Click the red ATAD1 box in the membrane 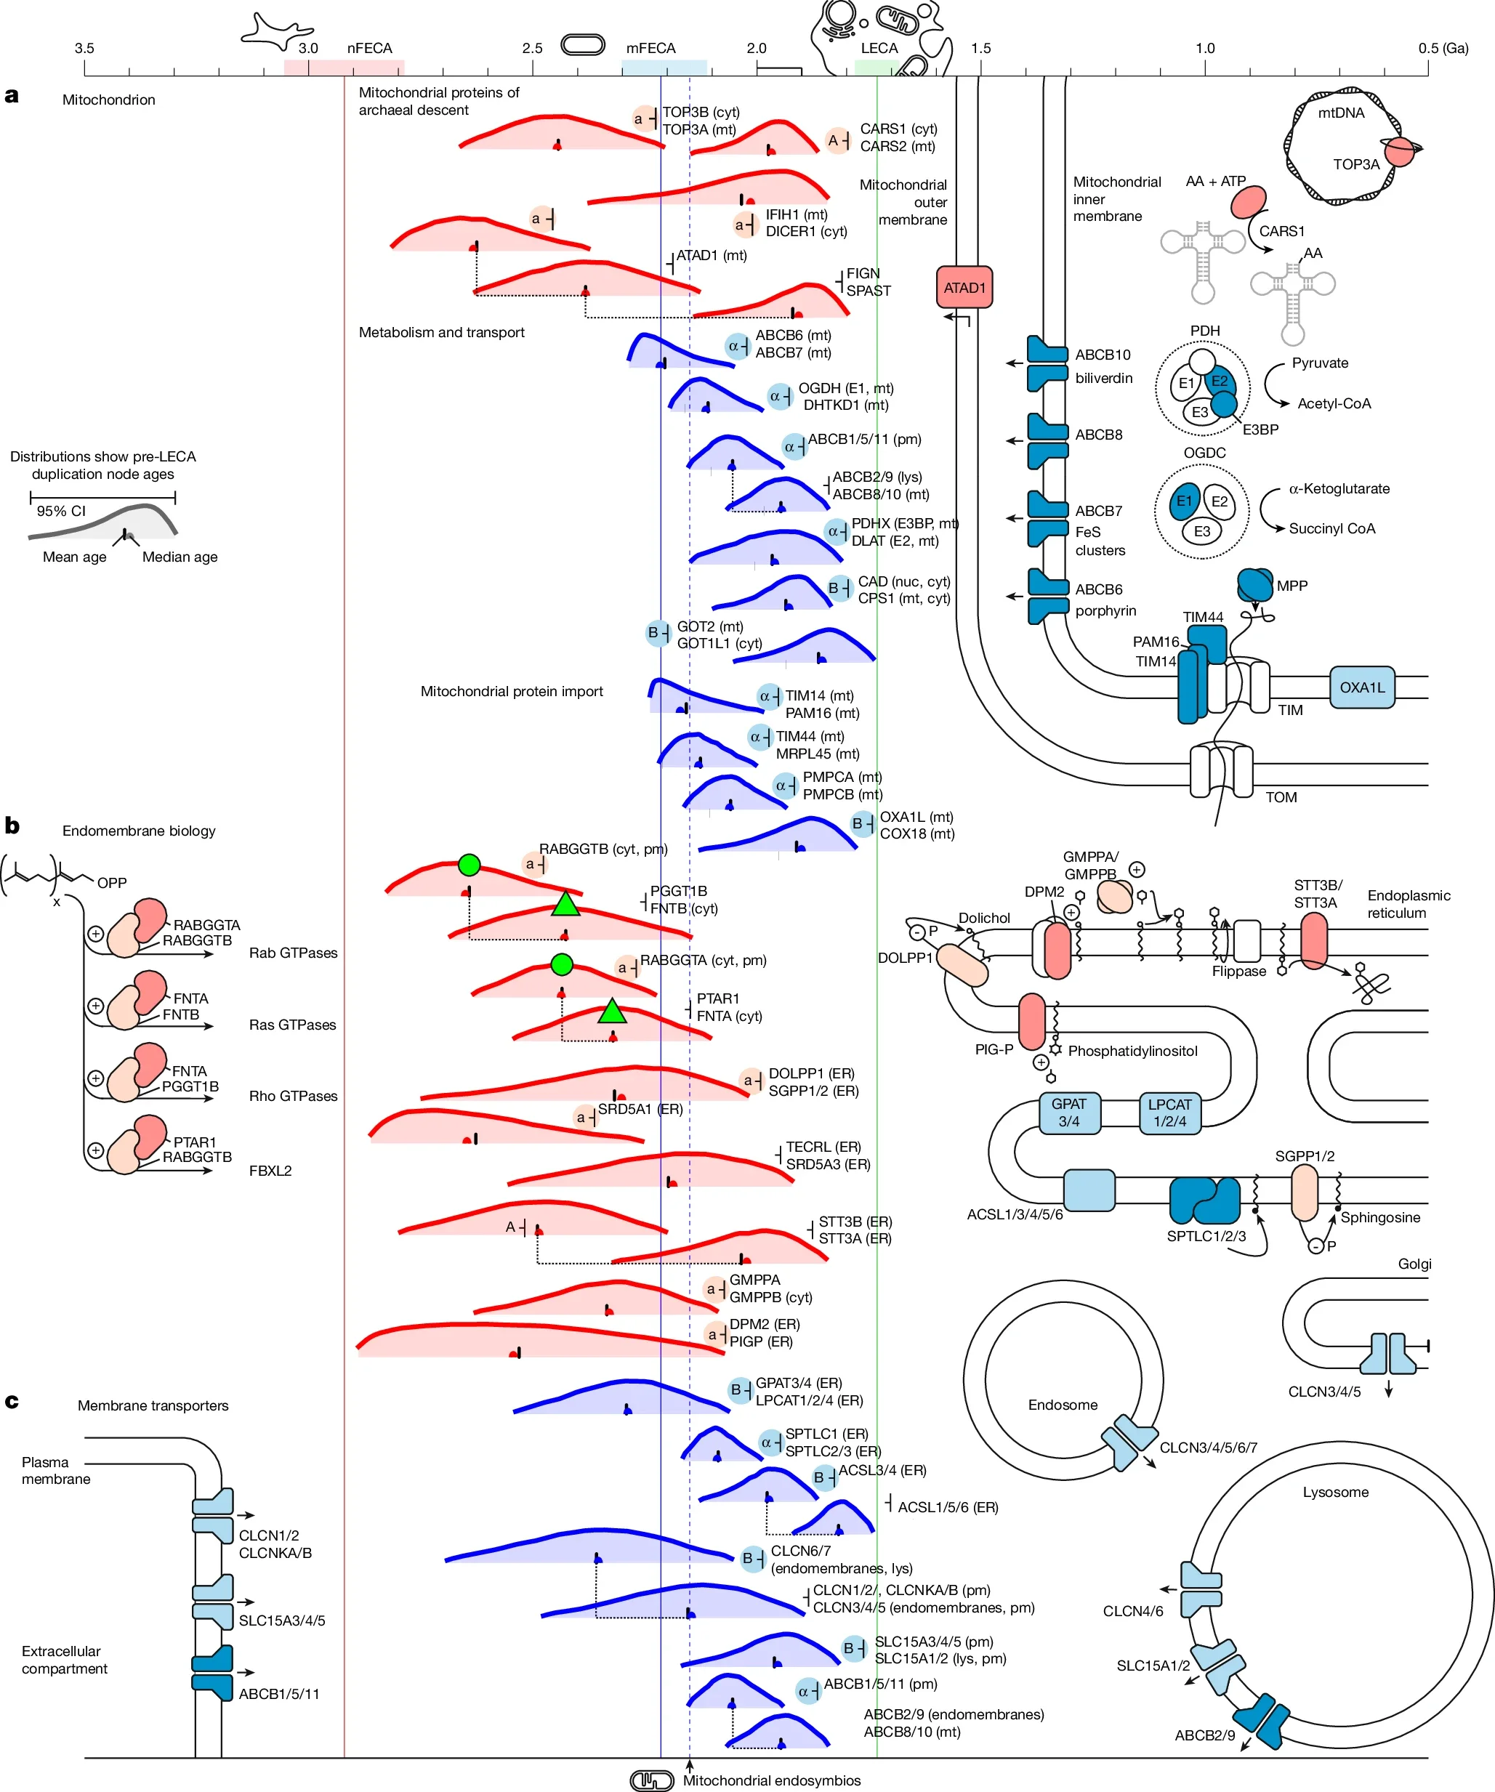click(x=964, y=288)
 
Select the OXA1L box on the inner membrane click(x=1361, y=687)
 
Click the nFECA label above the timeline click(x=369, y=49)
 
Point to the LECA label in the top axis click(x=879, y=49)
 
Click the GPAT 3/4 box click(x=1068, y=1113)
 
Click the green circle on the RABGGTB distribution click(x=469, y=865)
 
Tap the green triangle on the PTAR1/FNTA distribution click(x=612, y=1012)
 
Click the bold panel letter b click(x=12, y=826)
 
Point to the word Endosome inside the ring click(x=1063, y=1405)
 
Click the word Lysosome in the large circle click(x=1335, y=1492)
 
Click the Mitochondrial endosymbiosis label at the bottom click(x=771, y=1780)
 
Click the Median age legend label click(x=180, y=557)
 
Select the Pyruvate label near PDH click(x=1319, y=363)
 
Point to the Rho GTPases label click(x=293, y=1096)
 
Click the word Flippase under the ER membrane click(x=1238, y=971)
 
